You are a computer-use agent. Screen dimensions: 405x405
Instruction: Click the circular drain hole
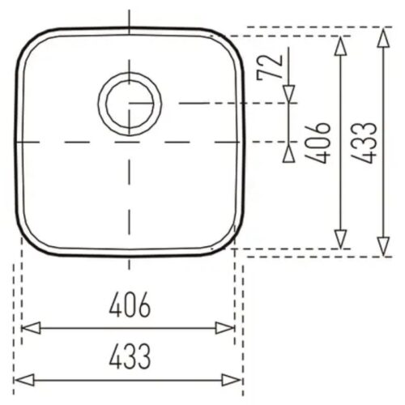click(130, 104)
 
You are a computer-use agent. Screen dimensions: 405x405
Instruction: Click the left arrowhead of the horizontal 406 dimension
click(29, 328)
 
